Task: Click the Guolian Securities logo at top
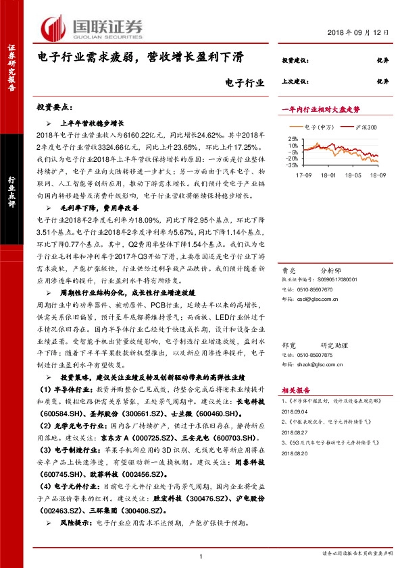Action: (x=92, y=26)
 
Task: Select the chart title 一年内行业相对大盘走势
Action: (x=320, y=109)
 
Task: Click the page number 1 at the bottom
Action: (x=201, y=555)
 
